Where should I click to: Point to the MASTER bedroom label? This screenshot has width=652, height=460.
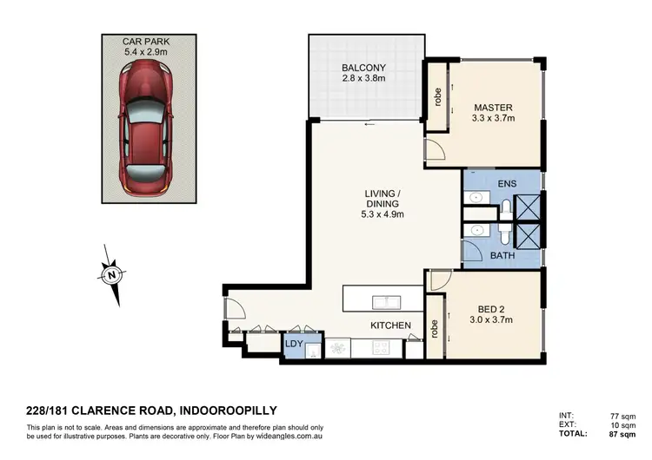[x=492, y=108]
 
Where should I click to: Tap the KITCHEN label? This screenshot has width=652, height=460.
[x=390, y=325]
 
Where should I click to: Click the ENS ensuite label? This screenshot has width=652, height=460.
[x=508, y=184]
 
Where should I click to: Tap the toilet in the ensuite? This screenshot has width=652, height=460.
[x=506, y=208]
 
